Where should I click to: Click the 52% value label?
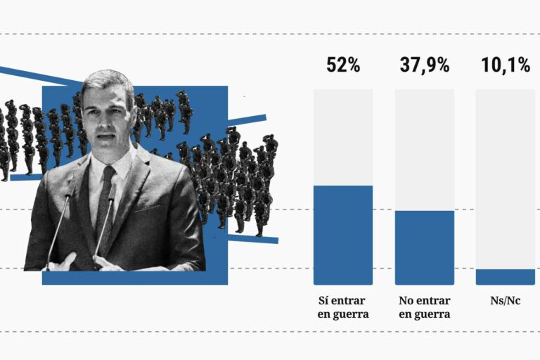[343, 65]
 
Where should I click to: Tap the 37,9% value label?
[425, 65]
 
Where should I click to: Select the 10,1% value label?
[506, 65]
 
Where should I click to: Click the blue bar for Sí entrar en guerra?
[343, 235]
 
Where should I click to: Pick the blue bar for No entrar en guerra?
[425, 247]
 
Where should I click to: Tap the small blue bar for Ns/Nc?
[506, 277]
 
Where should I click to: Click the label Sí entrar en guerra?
[343, 307]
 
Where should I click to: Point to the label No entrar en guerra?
[425, 307]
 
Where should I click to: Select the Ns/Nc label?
[506, 300]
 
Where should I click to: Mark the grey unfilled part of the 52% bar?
[343, 137]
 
